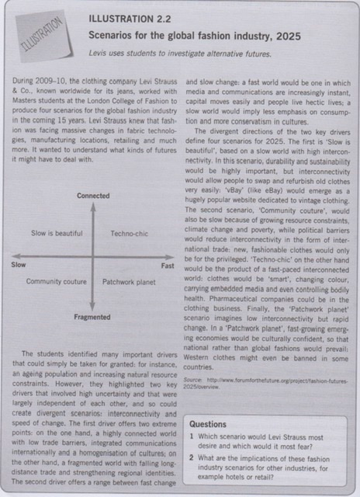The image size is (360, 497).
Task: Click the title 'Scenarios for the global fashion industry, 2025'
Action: point(182,34)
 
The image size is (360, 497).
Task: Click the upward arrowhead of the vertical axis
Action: point(92,206)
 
